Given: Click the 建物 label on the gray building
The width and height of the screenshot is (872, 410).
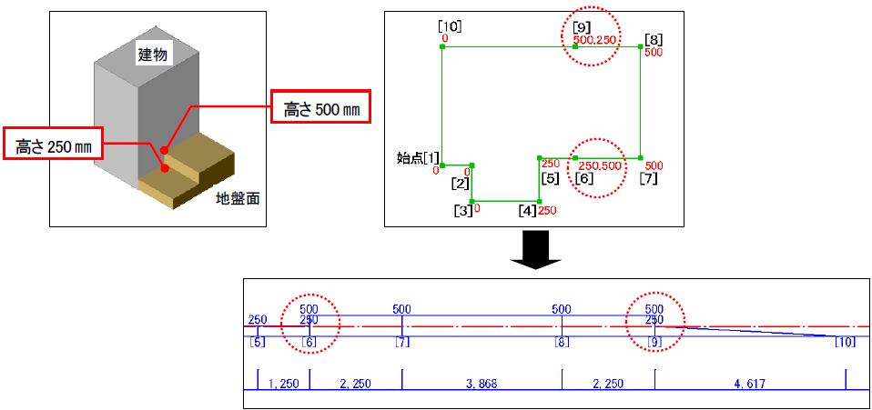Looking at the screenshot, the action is pos(152,55).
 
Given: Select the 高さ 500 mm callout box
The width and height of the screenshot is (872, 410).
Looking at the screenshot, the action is pos(319,110).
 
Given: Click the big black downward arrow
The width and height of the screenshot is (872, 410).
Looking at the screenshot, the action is pos(534,249).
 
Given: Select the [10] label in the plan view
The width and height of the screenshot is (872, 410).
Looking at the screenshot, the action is pos(450,25).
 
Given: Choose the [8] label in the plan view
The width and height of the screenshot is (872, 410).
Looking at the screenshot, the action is pos(654,39).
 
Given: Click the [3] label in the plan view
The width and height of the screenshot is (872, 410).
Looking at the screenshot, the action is pos(462,211).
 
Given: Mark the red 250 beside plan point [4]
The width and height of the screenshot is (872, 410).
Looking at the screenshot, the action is pos(547,211).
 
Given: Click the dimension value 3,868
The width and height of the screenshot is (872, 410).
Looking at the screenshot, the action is pos(482,384).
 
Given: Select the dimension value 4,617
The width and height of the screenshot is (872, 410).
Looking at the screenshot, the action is pos(750,384).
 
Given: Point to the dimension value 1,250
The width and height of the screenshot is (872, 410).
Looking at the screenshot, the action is pos(284,384).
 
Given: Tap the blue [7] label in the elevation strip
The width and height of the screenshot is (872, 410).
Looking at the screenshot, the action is pos(402,342).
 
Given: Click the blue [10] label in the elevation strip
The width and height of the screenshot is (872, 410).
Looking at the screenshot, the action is pos(846,342).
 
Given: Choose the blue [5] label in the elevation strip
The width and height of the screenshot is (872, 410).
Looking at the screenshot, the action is pos(258,342).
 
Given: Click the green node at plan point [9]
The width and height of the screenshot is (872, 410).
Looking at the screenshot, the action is pos(575,46).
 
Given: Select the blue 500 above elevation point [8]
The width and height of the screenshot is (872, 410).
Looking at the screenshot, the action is pos(562,309).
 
